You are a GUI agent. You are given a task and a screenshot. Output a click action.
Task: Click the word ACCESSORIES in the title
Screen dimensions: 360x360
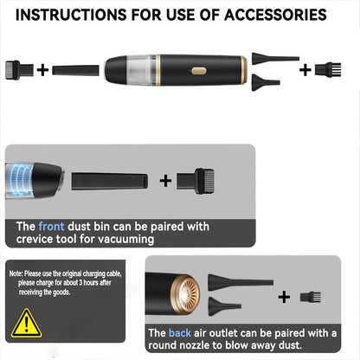[x=275, y=15]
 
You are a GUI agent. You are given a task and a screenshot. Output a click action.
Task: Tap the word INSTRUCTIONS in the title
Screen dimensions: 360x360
[x=71, y=15]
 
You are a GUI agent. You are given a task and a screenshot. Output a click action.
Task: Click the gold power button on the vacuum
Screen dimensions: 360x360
[x=199, y=71]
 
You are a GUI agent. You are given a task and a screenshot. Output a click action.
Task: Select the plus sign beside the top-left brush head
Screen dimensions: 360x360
[x=42, y=70]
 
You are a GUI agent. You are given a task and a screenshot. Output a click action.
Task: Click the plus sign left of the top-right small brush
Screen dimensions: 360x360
[x=305, y=70]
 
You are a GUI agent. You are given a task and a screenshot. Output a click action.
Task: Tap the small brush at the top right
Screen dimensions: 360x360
[x=328, y=70]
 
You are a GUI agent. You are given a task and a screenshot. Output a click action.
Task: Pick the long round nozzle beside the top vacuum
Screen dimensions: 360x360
[x=275, y=59]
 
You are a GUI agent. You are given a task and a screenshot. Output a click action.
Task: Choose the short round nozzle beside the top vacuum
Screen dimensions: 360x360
[x=266, y=82]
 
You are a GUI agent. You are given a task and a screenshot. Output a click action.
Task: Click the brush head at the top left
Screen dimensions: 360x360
[x=19, y=70]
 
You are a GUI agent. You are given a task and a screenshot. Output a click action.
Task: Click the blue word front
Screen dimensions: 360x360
[x=51, y=227]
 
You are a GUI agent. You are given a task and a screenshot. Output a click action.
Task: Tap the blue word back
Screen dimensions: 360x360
[x=180, y=333]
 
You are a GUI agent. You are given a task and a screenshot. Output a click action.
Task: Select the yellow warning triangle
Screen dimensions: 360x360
[x=27, y=324]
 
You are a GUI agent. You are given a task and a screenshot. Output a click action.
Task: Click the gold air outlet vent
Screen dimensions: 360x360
[x=185, y=294]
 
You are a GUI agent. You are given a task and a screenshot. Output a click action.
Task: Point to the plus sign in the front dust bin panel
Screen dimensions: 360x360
[x=165, y=181]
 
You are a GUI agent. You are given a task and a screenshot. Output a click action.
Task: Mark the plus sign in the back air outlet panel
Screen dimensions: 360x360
[x=284, y=297]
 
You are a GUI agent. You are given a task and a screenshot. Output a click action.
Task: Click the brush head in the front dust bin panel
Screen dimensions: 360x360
[x=196, y=181]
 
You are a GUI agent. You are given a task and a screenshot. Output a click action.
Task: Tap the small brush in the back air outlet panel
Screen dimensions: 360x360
[x=311, y=297]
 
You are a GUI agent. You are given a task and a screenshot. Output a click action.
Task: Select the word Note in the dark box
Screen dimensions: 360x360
[x=16, y=273]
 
